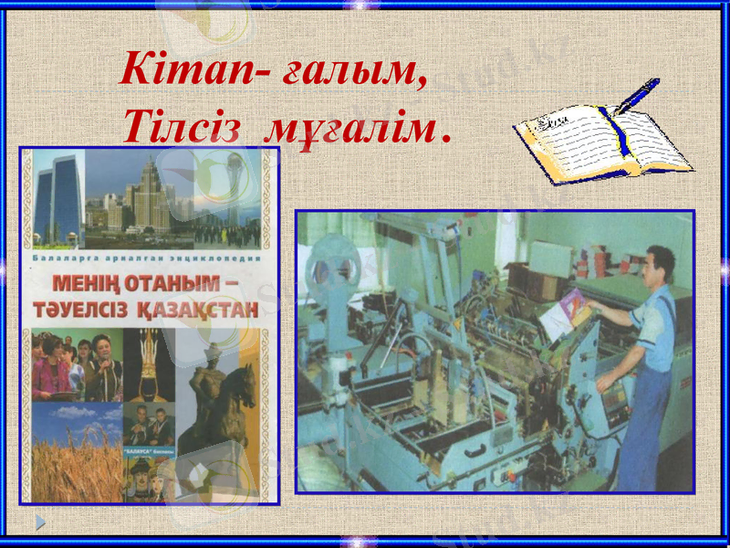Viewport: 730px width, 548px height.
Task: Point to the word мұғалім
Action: pos(347,132)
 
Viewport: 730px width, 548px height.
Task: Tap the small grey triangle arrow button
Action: pos(40,522)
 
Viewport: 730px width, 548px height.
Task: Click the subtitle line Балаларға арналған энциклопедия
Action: pos(146,259)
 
